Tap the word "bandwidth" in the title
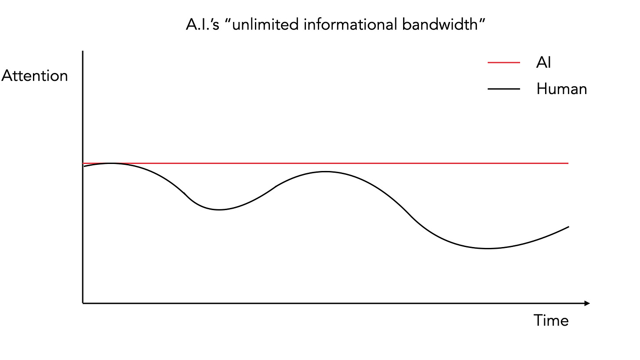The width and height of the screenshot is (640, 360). pos(440,25)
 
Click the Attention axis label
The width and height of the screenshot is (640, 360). pos(35,76)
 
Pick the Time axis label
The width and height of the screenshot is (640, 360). pos(551,320)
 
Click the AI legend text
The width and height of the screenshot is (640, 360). pos(543,63)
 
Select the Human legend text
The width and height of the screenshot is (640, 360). pos(561,89)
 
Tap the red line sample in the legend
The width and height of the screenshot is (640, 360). pos(504,63)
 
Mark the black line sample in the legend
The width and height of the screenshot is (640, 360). pos(504,89)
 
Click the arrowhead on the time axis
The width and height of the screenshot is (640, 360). pos(587,303)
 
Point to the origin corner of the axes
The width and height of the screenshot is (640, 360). pos(83,303)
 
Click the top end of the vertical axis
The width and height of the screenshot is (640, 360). pos(83,52)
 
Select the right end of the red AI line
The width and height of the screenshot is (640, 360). pos(568,163)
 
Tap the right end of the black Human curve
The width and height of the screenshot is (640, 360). pos(568,227)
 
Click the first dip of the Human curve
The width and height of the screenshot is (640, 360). pos(218,210)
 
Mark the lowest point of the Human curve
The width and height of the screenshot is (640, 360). pos(487,248)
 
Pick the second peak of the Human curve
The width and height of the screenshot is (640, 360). pos(325,171)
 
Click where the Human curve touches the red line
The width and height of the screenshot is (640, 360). pos(111,163)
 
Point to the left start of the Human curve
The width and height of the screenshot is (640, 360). pos(84,166)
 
